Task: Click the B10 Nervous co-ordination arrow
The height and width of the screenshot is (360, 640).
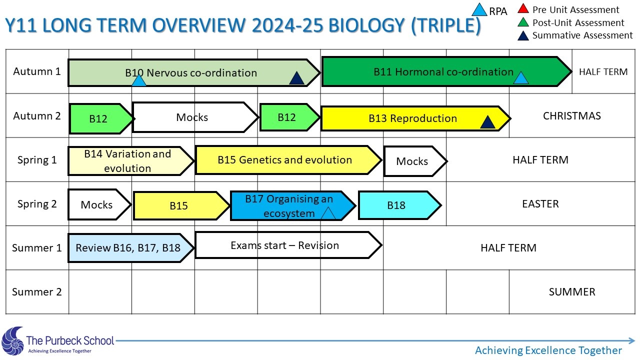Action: pyautogui.click(x=193, y=73)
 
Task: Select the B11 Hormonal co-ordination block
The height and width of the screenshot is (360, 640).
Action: pyautogui.click(x=446, y=71)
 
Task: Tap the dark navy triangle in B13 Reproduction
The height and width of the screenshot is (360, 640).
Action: pyautogui.click(x=487, y=121)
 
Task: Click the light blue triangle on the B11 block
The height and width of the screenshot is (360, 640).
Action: pyautogui.click(x=520, y=77)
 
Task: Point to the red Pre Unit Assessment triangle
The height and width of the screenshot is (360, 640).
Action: pyautogui.click(x=523, y=8)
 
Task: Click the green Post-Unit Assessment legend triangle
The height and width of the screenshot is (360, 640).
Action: pyautogui.click(x=523, y=22)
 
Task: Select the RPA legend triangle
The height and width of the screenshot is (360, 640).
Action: pyautogui.click(x=479, y=9)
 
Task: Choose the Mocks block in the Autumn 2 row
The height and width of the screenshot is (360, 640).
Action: pyautogui.click(x=195, y=117)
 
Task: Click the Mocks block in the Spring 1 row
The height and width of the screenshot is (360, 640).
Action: pyautogui.click(x=415, y=161)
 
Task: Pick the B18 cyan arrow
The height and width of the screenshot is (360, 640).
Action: pyautogui.click(x=399, y=205)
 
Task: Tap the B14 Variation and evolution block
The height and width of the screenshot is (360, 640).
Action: pyautogui.click(x=131, y=161)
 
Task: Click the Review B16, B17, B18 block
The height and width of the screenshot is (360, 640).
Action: pyautogui.click(x=131, y=247)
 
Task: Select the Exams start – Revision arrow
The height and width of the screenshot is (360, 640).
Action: pyautogui.click(x=288, y=245)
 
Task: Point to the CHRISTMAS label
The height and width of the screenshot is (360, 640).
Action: pyautogui.click(x=571, y=115)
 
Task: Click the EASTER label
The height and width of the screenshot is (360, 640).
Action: pyautogui.click(x=540, y=203)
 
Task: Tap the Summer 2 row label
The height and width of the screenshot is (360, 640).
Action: pyautogui.click(x=37, y=291)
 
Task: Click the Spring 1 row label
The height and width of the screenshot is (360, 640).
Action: pyautogui.click(x=37, y=159)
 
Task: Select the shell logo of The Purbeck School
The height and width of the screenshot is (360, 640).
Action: pyautogui.click(x=12, y=341)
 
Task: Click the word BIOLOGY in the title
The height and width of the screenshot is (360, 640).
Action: pyautogui.click(x=367, y=25)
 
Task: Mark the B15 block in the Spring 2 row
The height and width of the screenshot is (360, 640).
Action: pyautogui.click(x=181, y=205)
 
